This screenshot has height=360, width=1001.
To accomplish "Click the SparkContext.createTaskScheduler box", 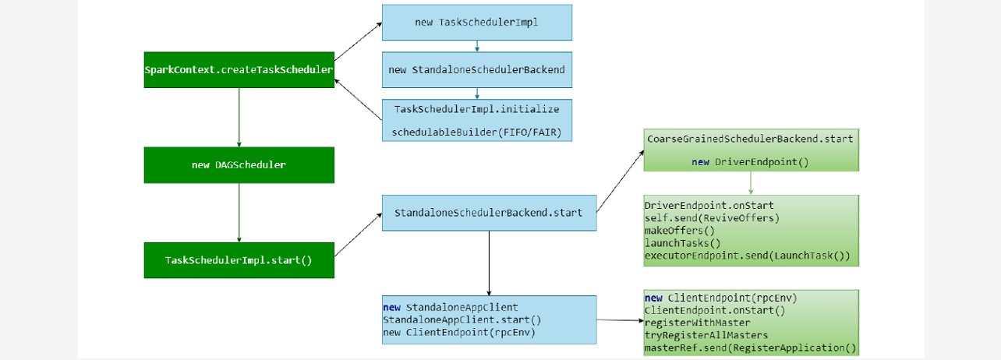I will tap(239, 70).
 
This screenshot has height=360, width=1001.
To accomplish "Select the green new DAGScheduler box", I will tap(239, 165).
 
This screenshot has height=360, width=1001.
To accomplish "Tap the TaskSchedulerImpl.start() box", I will tap(239, 259).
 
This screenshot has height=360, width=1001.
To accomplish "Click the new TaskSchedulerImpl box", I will tap(476, 23).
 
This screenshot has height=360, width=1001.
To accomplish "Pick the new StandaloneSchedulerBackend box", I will tap(476, 70).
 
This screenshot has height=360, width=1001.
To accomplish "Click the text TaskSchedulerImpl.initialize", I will tap(476, 108).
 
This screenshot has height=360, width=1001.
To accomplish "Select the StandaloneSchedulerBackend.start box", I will tap(489, 212).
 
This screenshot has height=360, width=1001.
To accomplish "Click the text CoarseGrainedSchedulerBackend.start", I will tap(750, 139).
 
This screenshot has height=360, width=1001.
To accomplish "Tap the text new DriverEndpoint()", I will tap(750, 161).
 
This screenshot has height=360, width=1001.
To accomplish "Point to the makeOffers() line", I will tap(679, 230).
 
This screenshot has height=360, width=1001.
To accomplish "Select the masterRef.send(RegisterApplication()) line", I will tap(750, 348).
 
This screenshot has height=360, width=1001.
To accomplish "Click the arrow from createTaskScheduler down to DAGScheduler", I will tap(239, 117).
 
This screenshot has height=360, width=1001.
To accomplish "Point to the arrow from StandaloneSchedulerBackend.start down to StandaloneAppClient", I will tap(489, 263).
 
